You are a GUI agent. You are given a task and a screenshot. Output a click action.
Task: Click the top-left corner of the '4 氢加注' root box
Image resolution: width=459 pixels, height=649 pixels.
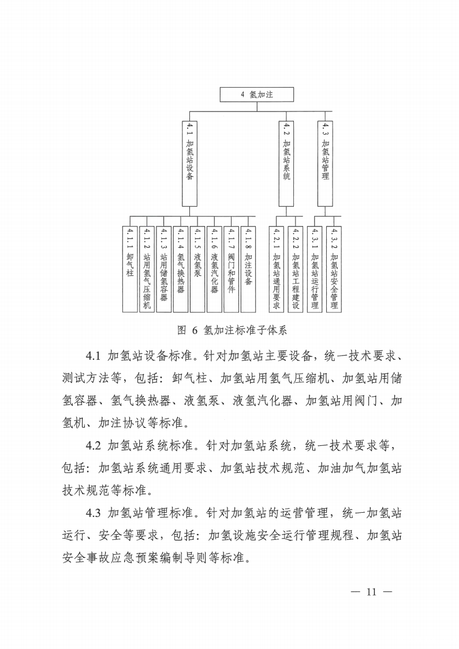tap(220, 88)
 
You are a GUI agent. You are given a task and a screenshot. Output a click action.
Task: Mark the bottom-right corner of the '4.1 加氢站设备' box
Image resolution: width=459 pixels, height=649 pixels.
tap(197, 206)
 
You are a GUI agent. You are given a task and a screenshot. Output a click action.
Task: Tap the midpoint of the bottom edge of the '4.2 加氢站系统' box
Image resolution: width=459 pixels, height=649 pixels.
tap(286, 206)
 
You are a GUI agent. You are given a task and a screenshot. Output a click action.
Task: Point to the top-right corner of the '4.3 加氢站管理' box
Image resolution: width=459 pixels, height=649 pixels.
tap(333, 121)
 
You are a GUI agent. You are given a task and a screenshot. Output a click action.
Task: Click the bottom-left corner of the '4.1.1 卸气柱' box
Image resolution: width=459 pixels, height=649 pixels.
tap(123, 312)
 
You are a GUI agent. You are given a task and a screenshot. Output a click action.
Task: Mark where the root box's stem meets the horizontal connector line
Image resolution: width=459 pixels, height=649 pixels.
tap(257, 111)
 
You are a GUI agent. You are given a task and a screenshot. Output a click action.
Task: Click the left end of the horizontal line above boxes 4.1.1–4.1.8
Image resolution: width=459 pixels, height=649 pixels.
tap(130, 216)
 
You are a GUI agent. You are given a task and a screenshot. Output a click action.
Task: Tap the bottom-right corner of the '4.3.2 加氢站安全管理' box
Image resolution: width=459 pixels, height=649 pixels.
tap(341, 312)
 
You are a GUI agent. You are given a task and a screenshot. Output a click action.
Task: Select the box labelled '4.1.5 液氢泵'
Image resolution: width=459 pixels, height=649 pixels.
tap(197, 269)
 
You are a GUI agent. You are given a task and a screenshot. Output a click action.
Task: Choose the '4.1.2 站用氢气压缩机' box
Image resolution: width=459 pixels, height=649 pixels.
tap(147, 269)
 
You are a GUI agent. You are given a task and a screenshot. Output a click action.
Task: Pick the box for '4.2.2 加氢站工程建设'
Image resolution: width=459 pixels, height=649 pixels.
tap(296, 269)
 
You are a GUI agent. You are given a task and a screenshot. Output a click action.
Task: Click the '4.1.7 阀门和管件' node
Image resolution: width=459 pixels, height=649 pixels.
tap(231, 269)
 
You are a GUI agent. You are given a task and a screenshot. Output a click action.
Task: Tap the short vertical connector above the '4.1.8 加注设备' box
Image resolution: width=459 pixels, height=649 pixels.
tap(248, 221)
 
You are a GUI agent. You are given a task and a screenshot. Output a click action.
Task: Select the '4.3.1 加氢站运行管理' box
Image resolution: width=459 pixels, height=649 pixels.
tap(315, 269)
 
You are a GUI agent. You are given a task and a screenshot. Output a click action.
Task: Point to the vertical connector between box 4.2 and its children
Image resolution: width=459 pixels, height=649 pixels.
tap(286, 211)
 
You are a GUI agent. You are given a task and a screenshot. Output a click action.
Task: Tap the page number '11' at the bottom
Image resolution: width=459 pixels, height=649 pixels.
tap(371, 592)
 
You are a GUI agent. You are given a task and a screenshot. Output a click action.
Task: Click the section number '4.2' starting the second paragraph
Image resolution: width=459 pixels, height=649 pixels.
tap(93, 446)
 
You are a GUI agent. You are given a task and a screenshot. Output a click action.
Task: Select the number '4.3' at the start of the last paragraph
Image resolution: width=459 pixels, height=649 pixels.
tap(93, 513)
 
